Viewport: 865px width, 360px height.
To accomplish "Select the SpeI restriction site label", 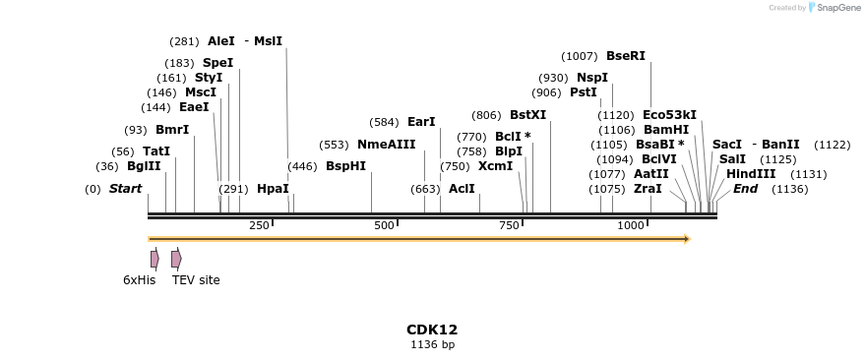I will coord(217,63).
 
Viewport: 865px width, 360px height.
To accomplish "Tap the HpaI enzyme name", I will coord(273,189).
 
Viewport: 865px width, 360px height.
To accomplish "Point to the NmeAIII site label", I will coord(386,145).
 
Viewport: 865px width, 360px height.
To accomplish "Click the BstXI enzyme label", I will coord(527,115).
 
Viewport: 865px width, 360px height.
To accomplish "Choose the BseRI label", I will coord(626,56).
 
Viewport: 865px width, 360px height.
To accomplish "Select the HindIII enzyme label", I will coord(751,174).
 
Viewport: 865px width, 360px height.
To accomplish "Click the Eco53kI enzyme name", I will coord(669,115).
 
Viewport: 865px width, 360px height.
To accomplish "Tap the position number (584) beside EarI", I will coord(384,123).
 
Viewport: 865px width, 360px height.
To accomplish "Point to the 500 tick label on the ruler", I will coord(385,226).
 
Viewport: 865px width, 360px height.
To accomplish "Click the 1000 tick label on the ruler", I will coord(631,226).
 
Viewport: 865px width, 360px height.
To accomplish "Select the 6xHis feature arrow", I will coord(154,259).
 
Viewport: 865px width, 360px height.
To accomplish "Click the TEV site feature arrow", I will coord(176,259).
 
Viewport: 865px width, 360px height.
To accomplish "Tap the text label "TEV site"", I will coord(196,280).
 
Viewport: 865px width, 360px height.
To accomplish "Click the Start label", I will coord(125,189).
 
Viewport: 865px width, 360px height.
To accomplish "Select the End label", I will coord(745,189).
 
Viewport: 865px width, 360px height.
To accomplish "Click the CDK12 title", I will coord(432,330).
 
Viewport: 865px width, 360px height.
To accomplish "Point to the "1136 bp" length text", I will coord(432,345).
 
